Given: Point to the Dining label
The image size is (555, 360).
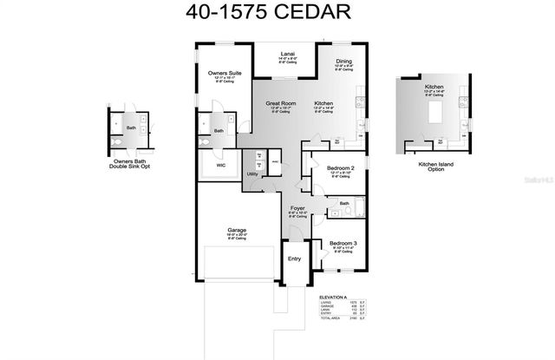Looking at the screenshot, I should click(x=344, y=61).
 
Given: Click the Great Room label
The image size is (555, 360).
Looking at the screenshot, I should click(x=281, y=103).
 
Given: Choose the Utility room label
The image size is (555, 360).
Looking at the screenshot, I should click(x=252, y=173).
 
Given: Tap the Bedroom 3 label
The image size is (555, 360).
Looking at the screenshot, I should click(x=343, y=243).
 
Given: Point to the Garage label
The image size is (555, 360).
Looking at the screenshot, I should click(x=238, y=230).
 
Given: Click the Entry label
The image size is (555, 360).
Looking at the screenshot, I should click(x=294, y=258).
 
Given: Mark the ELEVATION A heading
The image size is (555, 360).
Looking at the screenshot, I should click(x=335, y=297).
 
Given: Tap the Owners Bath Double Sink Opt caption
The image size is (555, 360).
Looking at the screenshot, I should click(x=133, y=165).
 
